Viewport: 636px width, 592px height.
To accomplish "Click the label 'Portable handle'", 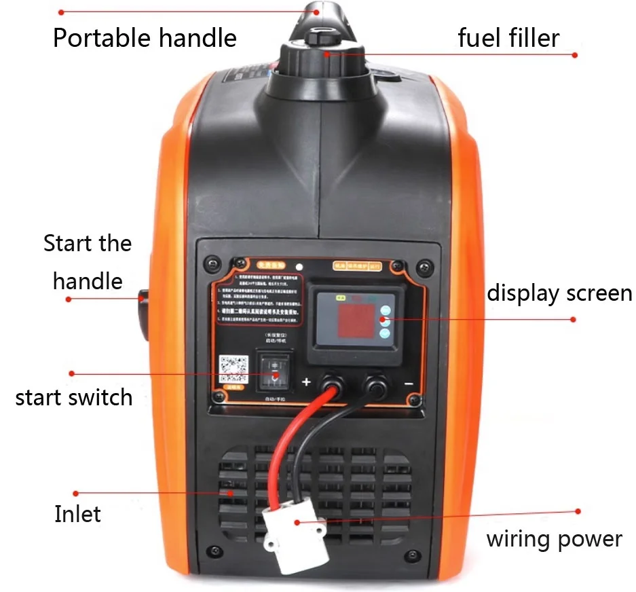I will pos(145,38).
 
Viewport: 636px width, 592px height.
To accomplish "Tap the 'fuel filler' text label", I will pos(508,38).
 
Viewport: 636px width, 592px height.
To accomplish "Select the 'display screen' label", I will pos(559,294).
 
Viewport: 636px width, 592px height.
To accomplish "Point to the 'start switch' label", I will pos(74,397).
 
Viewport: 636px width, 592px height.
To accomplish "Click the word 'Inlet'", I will pos(77,514).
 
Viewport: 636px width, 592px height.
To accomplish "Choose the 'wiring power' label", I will pos(554,539).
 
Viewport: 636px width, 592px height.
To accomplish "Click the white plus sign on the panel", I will pos(306,382).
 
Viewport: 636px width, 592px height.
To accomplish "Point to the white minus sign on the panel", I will pos(409,384).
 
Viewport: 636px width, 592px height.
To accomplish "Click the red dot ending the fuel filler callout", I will pos(575,55).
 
